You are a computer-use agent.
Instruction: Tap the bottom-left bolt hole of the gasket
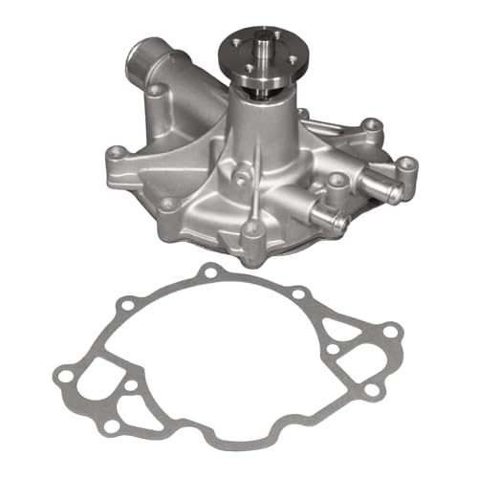point(113,424)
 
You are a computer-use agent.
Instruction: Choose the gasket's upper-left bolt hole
point(119,310)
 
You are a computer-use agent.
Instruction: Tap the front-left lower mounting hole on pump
point(168,204)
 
